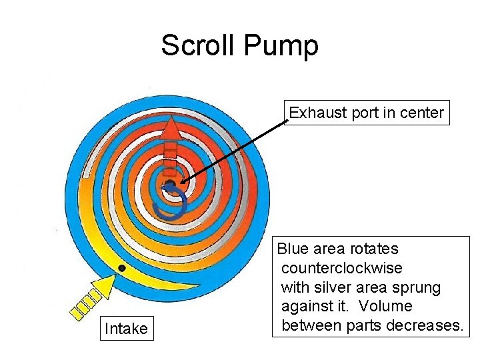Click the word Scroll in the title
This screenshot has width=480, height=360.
tap(198, 46)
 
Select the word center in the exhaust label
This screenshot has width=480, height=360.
tap(422, 113)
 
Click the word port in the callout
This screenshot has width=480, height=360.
tap(364, 113)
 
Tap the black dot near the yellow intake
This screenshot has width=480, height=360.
tap(121, 268)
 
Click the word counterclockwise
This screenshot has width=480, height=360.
tap(341, 268)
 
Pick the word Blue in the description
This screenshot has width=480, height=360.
tap(291, 249)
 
